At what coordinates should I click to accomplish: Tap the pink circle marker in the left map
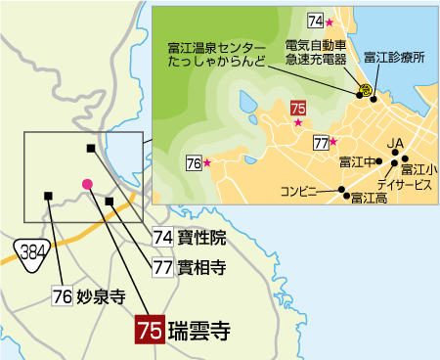pos(87,183)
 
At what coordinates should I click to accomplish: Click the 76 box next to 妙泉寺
pos(62,295)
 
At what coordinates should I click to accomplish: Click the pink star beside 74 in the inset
pos(330,22)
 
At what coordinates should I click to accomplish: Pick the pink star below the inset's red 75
pos(298,123)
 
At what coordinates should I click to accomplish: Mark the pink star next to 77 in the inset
pos(333,142)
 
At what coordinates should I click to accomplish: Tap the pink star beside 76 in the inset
pos(206,163)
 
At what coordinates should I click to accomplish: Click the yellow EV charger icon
pos(364,90)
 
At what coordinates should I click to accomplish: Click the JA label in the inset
pos(396,144)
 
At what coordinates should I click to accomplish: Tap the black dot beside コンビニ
pos(341,190)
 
